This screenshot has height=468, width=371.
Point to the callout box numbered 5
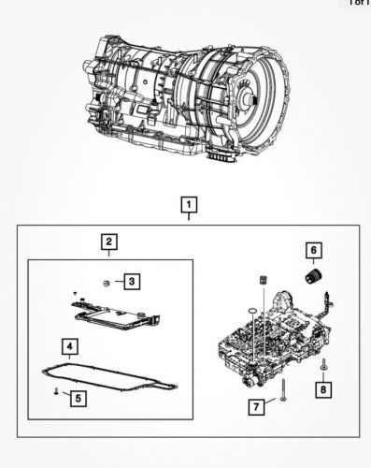click(x=78, y=398)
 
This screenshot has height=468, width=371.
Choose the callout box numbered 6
click(x=314, y=249)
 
